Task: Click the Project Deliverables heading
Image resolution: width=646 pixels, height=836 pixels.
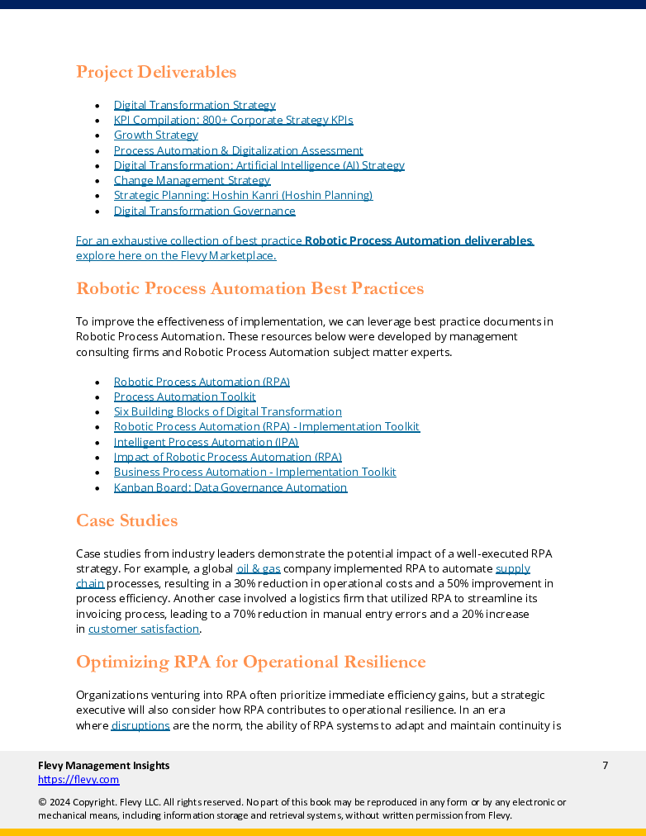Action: point(156,72)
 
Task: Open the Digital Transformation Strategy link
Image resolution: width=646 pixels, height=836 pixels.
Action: point(194,105)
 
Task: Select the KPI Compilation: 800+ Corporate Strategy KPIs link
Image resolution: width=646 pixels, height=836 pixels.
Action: point(233,120)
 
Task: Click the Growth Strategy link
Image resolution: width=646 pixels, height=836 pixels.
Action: point(155,135)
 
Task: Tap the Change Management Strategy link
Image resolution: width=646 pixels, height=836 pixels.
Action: point(192,180)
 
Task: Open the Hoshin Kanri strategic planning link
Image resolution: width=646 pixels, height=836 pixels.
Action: point(243,195)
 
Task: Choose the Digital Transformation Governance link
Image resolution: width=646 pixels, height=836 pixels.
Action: point(204,211)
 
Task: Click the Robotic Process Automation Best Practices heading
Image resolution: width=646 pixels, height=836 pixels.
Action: point(249,288)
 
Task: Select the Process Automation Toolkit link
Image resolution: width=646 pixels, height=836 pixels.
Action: point(184,397)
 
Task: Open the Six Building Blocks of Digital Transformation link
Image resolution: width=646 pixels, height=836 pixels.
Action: point(227,411)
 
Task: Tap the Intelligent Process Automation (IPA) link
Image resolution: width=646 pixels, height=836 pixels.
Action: point(206,442)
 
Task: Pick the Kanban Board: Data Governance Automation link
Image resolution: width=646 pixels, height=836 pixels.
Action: point(230,487)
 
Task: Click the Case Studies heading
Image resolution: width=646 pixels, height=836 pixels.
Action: point(126,520)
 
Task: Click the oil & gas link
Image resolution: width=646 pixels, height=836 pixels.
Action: point(258,569)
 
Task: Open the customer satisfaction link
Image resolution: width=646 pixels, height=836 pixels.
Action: point(144,629)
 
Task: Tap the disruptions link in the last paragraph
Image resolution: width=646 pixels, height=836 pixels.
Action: point(140,725)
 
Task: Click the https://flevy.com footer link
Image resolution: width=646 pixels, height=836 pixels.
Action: point(78,779)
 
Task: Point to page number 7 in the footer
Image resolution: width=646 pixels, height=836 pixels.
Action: point(605,766)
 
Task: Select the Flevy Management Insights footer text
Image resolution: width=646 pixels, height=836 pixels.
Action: point(103,766)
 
